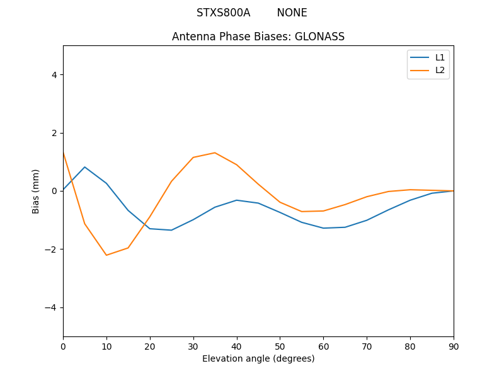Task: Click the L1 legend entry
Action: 440,57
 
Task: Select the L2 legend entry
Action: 440,70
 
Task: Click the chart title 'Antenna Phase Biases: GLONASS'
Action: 258,37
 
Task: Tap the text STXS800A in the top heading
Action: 223,13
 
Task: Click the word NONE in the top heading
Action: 292,13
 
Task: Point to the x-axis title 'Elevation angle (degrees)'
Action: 258,358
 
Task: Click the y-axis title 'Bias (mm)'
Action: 36,191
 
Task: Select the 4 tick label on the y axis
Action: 54,75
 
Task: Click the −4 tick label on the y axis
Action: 51,307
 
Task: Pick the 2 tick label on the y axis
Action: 54,133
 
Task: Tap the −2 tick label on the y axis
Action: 51,249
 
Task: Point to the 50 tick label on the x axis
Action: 280,346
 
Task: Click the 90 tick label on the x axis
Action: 454,346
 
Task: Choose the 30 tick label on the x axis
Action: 193,346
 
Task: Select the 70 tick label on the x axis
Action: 367,346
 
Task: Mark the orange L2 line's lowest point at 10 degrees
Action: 106,255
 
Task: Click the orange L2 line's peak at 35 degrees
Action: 215,152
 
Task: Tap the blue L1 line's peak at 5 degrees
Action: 84,167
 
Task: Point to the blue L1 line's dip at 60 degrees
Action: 323,228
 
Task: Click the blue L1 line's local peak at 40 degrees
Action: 236,200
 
